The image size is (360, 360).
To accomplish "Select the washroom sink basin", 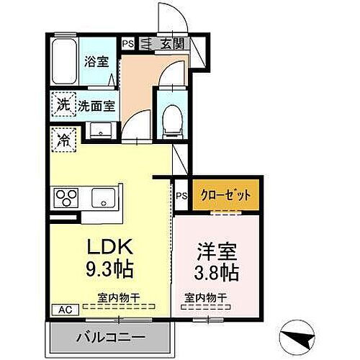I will [x=102, y=130].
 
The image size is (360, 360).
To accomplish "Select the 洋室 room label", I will [x=216, y=254].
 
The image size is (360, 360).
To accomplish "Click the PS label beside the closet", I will [x=181, y=194].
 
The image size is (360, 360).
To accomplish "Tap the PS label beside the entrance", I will [x=128, y=44].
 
